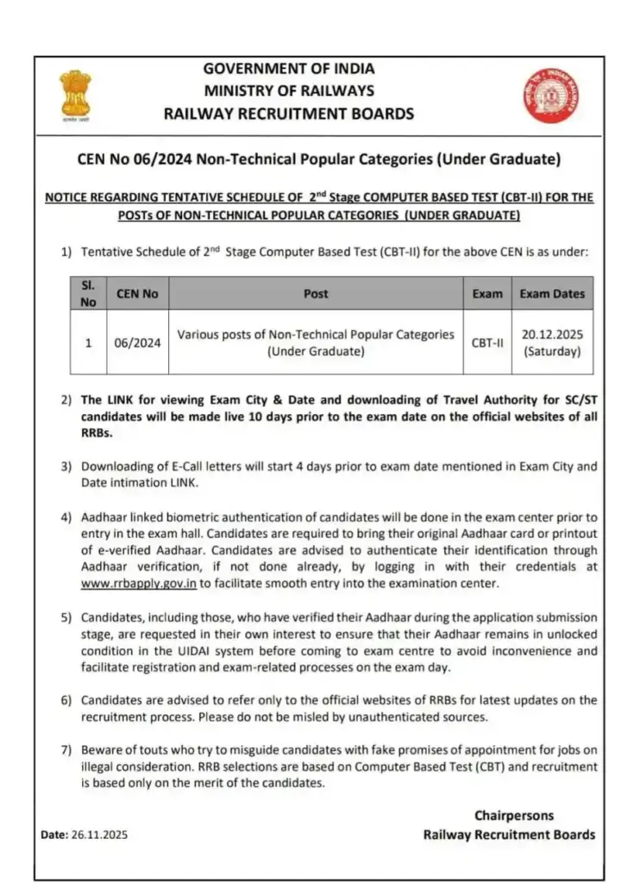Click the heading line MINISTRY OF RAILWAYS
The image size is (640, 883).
(x=288, y=91)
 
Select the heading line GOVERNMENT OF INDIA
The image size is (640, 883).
(x=288, y=69)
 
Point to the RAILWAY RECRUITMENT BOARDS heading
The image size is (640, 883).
(x=288, y=113)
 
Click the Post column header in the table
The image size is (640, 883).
(x=316, y=294)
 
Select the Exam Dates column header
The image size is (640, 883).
(x=552, y=294)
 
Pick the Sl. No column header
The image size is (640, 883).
(x=88, y=293)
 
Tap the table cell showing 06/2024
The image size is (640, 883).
(x=137, y=342)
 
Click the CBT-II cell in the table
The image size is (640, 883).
(x=486, y=342)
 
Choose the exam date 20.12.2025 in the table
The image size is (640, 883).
(x=552, y=334)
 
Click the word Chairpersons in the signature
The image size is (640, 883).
(x=514, y=815)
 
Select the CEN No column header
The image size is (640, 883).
(x=137, y=294)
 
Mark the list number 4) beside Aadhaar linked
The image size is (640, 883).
(x=66, y=517)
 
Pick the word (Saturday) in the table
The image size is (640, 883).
(x=552, y=352)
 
